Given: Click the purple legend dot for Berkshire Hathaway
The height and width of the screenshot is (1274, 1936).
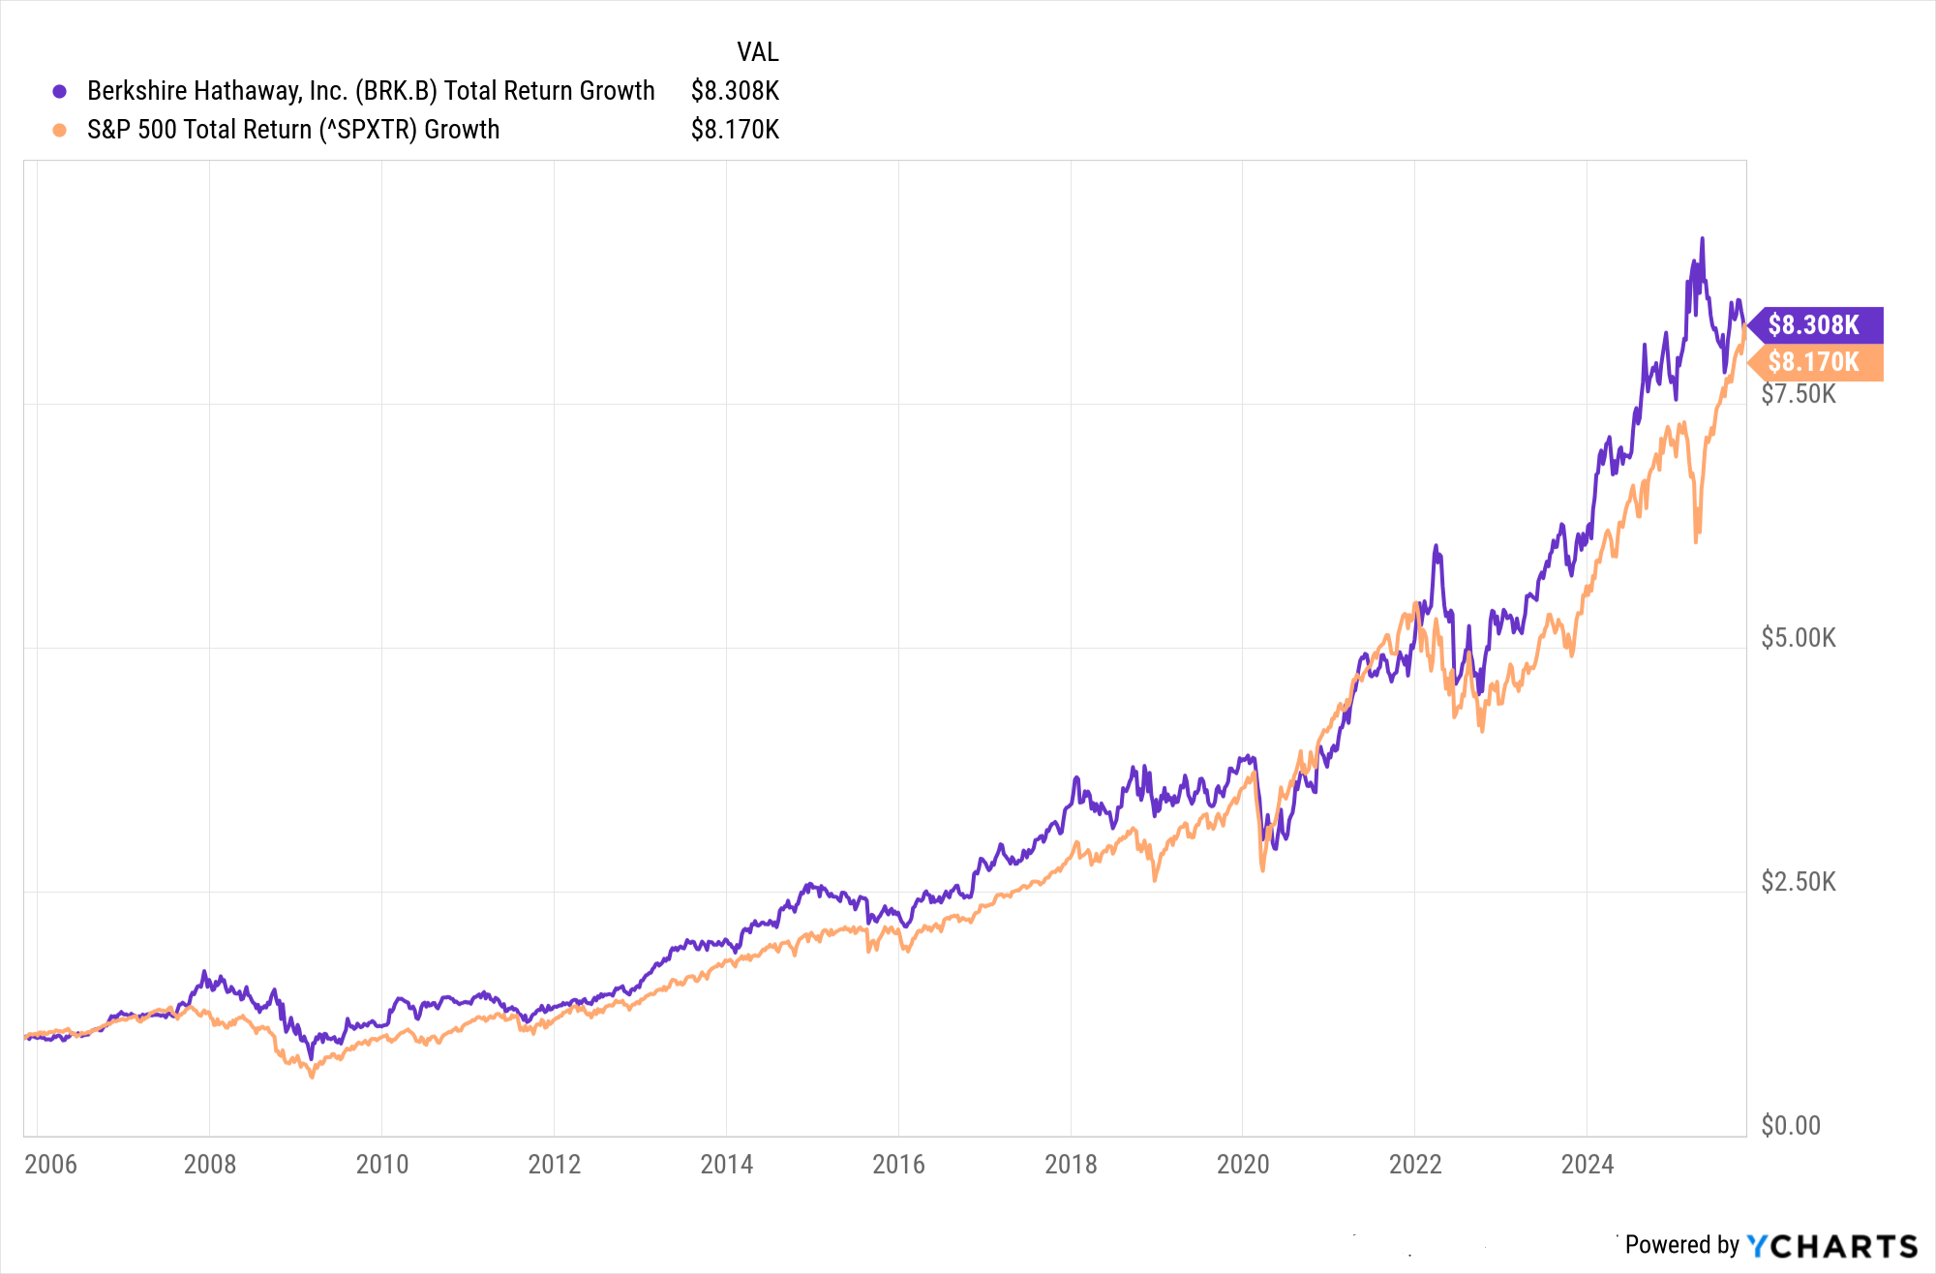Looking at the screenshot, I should [59, 91].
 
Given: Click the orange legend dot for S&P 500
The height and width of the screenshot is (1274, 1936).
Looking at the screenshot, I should [59, 130].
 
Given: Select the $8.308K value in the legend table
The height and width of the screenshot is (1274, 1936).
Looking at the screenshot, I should [735, 91].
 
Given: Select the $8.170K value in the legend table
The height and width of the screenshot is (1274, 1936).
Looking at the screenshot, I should [735, 130].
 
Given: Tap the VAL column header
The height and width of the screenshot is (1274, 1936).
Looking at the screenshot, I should [757, 52].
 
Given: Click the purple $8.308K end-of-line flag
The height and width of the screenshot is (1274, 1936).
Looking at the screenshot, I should [1813, 325].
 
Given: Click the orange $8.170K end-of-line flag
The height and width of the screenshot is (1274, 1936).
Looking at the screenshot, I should [1813, 362].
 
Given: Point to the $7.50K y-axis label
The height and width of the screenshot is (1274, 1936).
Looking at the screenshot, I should [1798, 394].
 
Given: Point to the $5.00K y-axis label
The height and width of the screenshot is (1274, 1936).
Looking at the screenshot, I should [1798, 638].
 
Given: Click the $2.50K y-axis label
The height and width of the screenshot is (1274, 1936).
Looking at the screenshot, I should [1798, 882].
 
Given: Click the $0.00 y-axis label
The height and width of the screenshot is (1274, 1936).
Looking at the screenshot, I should [1791, 1126].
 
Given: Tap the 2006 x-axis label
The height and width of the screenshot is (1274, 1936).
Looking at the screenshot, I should [50, 1164].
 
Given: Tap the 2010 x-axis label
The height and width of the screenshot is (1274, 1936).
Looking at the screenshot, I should [382, 1164].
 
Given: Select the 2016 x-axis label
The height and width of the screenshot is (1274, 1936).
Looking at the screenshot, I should [898, 1164].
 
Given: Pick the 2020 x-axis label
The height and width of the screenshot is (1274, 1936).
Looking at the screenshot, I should [1243, 1164].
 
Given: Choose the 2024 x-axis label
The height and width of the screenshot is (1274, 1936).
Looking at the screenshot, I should [1588, 1164].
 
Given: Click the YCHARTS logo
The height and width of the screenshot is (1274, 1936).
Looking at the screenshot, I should [1831, 1246].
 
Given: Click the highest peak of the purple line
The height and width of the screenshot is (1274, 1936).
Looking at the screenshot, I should [1702, 239].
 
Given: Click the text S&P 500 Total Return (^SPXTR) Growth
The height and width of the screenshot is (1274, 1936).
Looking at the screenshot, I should [293, 130].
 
